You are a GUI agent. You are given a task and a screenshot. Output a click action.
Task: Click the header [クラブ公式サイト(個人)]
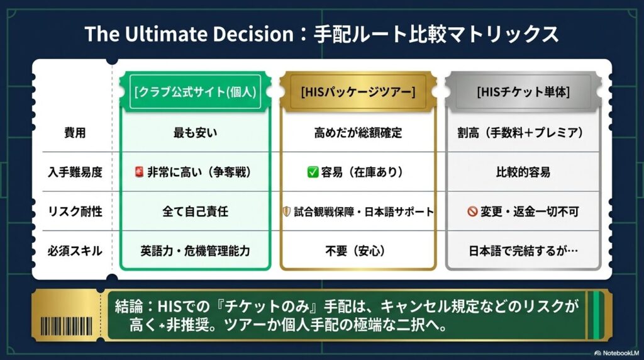195,93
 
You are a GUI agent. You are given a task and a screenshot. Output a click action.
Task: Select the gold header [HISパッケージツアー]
358,93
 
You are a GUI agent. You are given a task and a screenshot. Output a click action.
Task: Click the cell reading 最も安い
195,133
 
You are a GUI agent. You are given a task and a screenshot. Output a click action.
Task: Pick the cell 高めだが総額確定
358,133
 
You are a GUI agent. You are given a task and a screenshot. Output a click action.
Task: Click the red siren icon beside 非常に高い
140,172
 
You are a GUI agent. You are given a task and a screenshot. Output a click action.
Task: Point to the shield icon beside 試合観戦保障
287,211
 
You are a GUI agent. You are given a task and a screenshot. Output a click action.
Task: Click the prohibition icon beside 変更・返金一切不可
472,211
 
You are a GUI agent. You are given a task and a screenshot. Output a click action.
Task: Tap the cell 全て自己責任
195,211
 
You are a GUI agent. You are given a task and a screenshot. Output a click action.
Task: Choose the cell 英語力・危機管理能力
195,250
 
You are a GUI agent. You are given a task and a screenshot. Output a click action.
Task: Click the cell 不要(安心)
358,250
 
